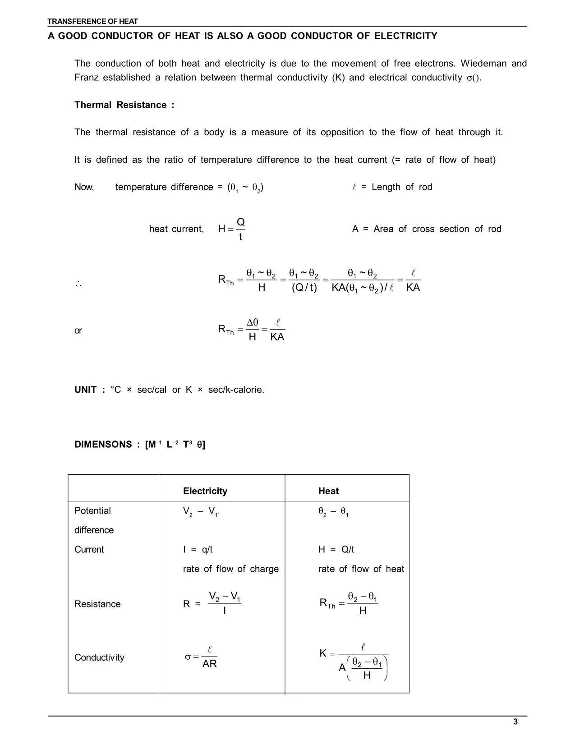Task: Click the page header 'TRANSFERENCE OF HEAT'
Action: [92, 21]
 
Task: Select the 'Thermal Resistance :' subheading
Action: [124, 105]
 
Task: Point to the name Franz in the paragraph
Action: [87, 78]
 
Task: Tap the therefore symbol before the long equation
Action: [78, 284]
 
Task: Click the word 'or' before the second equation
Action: [78, 331]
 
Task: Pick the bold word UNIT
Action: [85, 390]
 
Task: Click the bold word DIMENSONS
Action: [103, 445]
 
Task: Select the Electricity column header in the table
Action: [205, 491]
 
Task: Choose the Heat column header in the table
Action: [328, 491]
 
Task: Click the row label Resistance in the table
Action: [97, 604]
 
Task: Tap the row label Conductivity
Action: [99, 657]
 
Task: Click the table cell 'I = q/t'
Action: [198, 550]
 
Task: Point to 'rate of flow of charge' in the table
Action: [231, 569]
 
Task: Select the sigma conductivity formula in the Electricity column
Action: [201, 657]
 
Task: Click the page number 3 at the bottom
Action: [515, 722]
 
